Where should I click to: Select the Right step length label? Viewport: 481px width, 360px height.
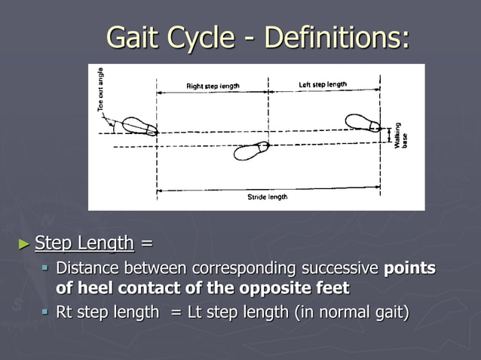pos(213,86)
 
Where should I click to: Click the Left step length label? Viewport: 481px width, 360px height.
pos(322,84)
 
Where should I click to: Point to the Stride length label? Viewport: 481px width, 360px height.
pos(267,197)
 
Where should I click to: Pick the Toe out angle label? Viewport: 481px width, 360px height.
pos(100,90)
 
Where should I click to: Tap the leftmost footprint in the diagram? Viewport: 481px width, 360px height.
pos(138,126)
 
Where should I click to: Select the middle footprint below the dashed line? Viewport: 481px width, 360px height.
pos(251,151)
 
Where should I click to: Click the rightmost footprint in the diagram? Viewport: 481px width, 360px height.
pos(363,122)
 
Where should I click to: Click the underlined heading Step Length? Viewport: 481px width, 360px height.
pos(84,243)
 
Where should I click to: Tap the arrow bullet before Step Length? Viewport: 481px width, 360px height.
pos(24,243)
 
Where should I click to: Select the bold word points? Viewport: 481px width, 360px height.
pos(409,268)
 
